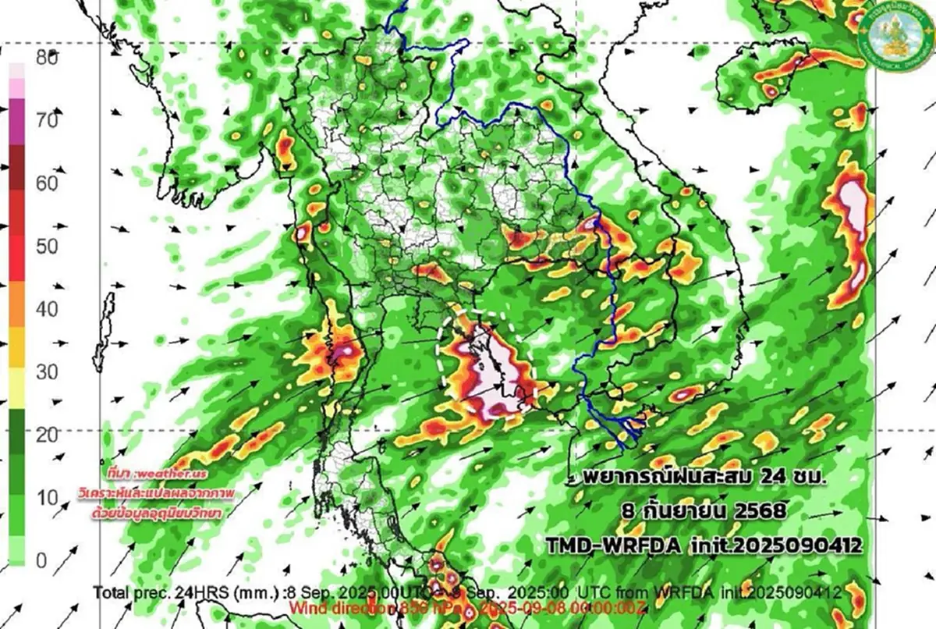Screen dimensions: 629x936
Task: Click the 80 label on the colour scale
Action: pyautogui.click(x=47, y=57)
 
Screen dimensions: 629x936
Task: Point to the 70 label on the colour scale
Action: pyautogui.click(x=47, y=120)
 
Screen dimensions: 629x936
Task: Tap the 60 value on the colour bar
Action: pyautogui.click(x=47, y=183)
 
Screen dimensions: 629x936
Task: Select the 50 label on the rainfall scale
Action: pyautogui.click(x=47, y=247)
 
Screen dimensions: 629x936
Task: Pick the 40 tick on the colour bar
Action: pyautogui.click(x=47, y=309)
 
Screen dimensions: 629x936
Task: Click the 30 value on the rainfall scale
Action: pyautogui.click(x=47, y=372)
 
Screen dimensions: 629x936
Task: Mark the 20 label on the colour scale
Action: pyautogui.click(x=47, y=435)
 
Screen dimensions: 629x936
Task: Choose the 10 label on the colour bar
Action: pyautogui.click(x=47, y=498)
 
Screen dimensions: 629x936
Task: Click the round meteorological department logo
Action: pyautogui.click(x=895, y=34)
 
